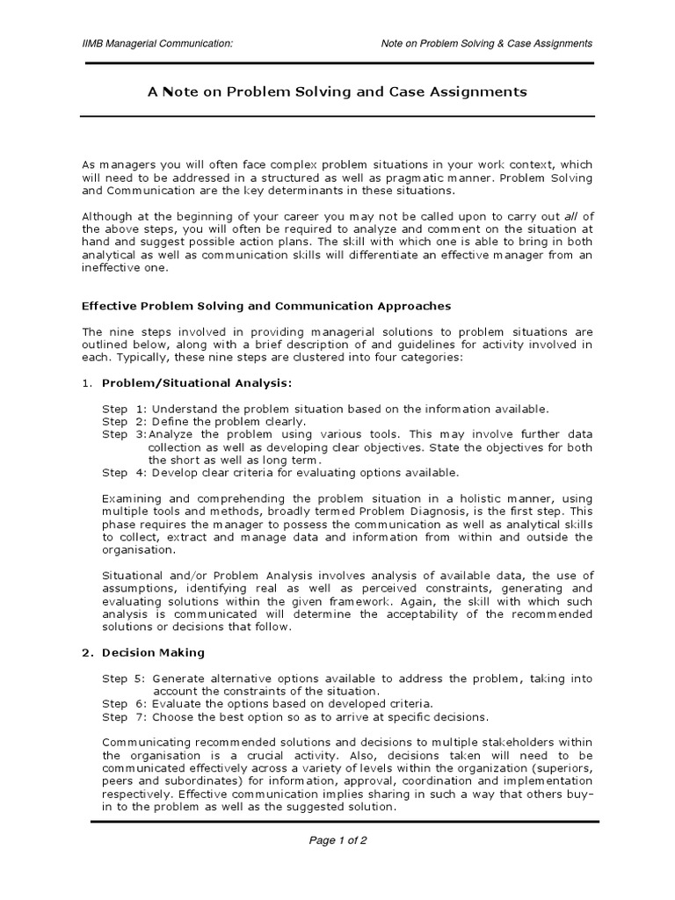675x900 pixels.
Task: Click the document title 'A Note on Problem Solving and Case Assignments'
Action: (x=337, y=91)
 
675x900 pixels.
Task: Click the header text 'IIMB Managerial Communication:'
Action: (x=157, y=43)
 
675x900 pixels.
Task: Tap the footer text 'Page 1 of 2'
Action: (x=337, y=839)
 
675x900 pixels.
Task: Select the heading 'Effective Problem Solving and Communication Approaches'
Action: (x=266, y=306)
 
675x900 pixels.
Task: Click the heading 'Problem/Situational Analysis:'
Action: (x=197, y=382)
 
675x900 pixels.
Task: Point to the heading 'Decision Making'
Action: (x=153, y=652)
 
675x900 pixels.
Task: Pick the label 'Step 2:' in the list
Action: (x=124, y=421)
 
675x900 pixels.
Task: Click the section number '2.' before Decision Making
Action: (x=87, y=652)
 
